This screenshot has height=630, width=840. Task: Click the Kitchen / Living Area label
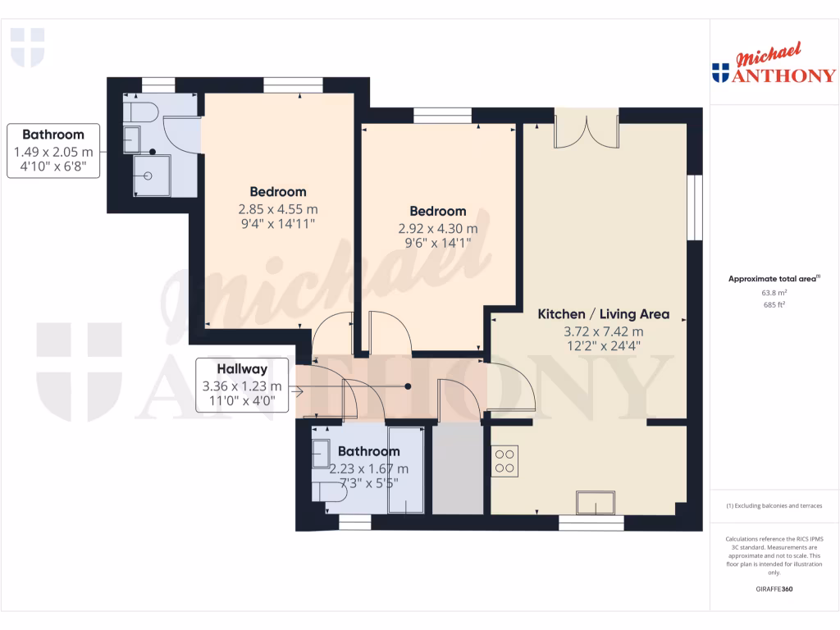tap(603, 314)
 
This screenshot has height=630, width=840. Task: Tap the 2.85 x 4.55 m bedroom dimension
tap(277, 208)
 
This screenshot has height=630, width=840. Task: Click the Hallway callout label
tap(241, 370)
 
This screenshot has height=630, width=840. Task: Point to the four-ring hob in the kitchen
tap(505, 459)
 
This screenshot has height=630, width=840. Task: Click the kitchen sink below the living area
tap(596, 500)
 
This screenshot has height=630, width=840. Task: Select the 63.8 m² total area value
tap(774, 292)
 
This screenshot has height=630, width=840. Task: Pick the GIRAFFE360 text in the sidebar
tap(774, 589)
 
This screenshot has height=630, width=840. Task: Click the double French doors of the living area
tap(586, 131)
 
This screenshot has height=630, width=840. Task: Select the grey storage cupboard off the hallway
tap(456, 469)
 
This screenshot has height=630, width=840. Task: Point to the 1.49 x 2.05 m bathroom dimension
tap(53, 152)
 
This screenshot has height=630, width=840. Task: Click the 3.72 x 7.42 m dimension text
tap(603, 331)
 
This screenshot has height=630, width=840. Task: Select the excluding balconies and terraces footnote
tap(774, 505)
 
